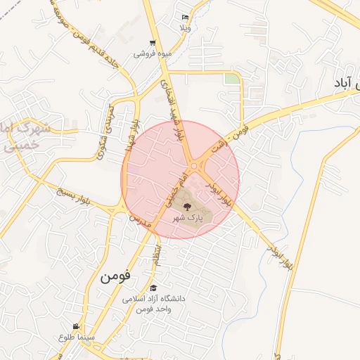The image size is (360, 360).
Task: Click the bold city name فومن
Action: coord(115,275)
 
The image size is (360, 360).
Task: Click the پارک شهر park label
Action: coord(188,219)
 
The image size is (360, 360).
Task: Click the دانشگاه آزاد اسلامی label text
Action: coord(153,299)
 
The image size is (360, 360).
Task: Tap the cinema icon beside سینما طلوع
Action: coord(76,326)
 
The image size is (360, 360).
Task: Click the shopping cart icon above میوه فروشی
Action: coord(153,43)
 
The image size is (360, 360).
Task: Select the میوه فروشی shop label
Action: coord(150,53)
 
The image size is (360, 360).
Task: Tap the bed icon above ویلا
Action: coord(185,17)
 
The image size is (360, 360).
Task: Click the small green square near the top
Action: coord(231,79)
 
